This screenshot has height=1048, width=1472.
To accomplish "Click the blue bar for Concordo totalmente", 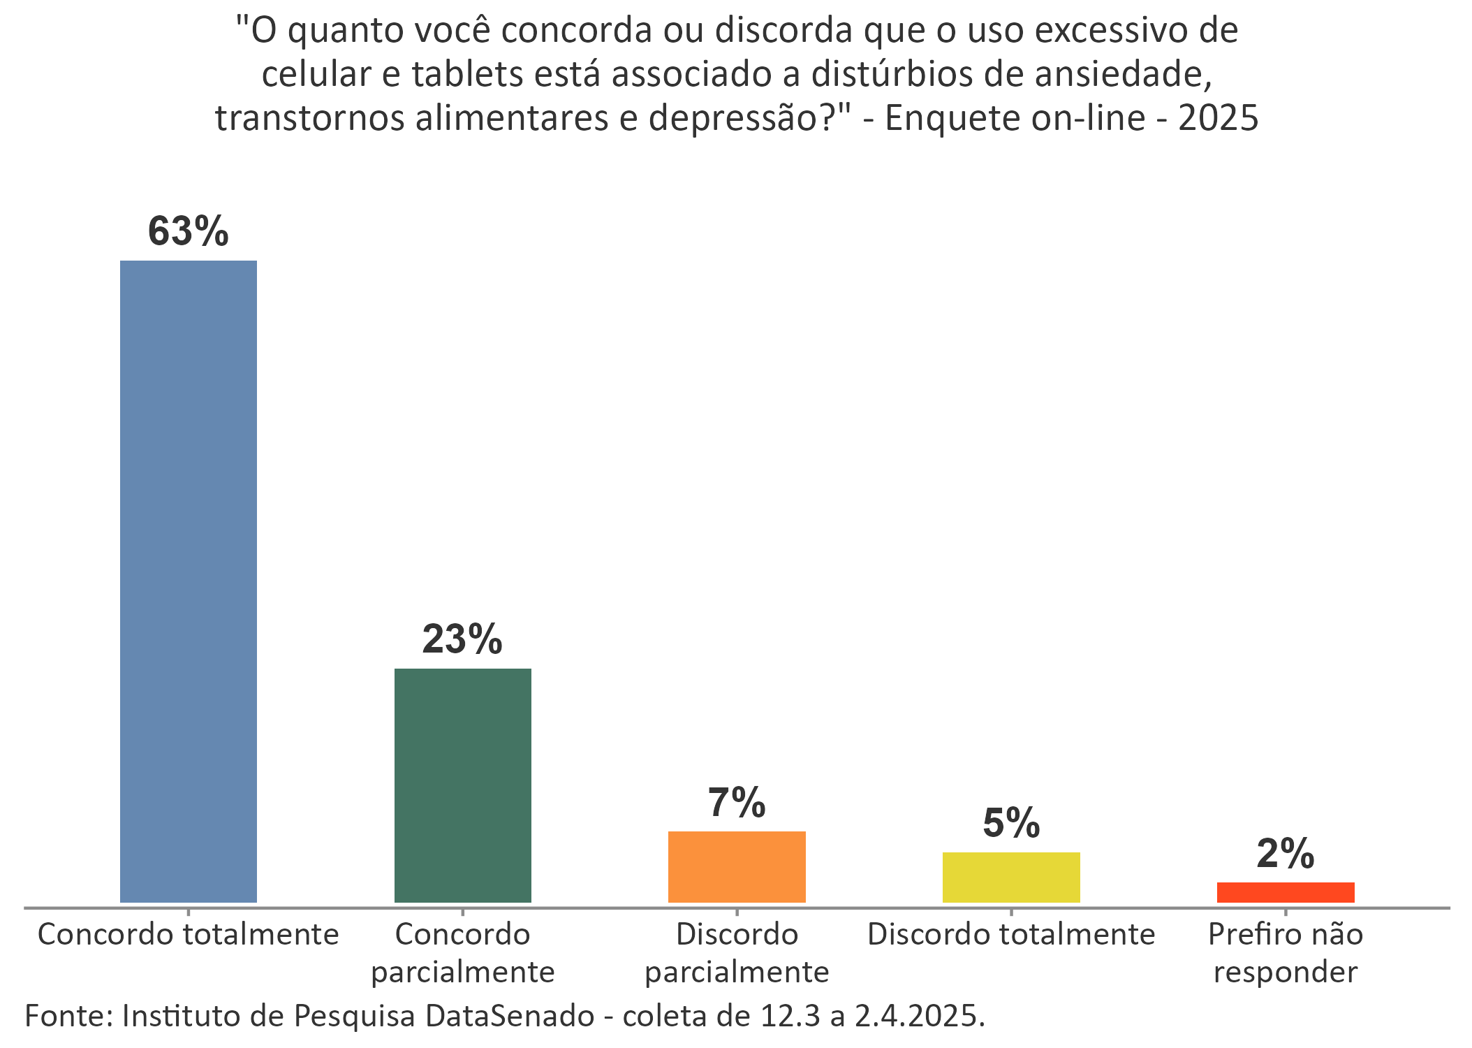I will coord(189,581).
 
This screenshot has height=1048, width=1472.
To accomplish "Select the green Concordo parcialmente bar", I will coord(462,785).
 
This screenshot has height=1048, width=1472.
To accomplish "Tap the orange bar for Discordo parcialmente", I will coord(737,866).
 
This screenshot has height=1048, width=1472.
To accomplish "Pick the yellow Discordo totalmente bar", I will coord(1011,877).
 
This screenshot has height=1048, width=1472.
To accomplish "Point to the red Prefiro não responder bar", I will coord(1286,892).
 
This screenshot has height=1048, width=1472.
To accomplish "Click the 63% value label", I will coord(189,231).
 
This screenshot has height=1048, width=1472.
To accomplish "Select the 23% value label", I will coord(462,639).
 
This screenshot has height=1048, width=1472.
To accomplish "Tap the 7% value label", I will coord(737,802).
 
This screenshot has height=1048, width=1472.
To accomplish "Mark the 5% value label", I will coord(1011,823).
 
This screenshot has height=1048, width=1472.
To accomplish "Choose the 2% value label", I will coord(1286,854).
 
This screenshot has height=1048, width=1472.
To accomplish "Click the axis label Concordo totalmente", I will coord(189,935).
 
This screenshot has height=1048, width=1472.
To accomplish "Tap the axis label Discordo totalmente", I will coord(1011,935).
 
